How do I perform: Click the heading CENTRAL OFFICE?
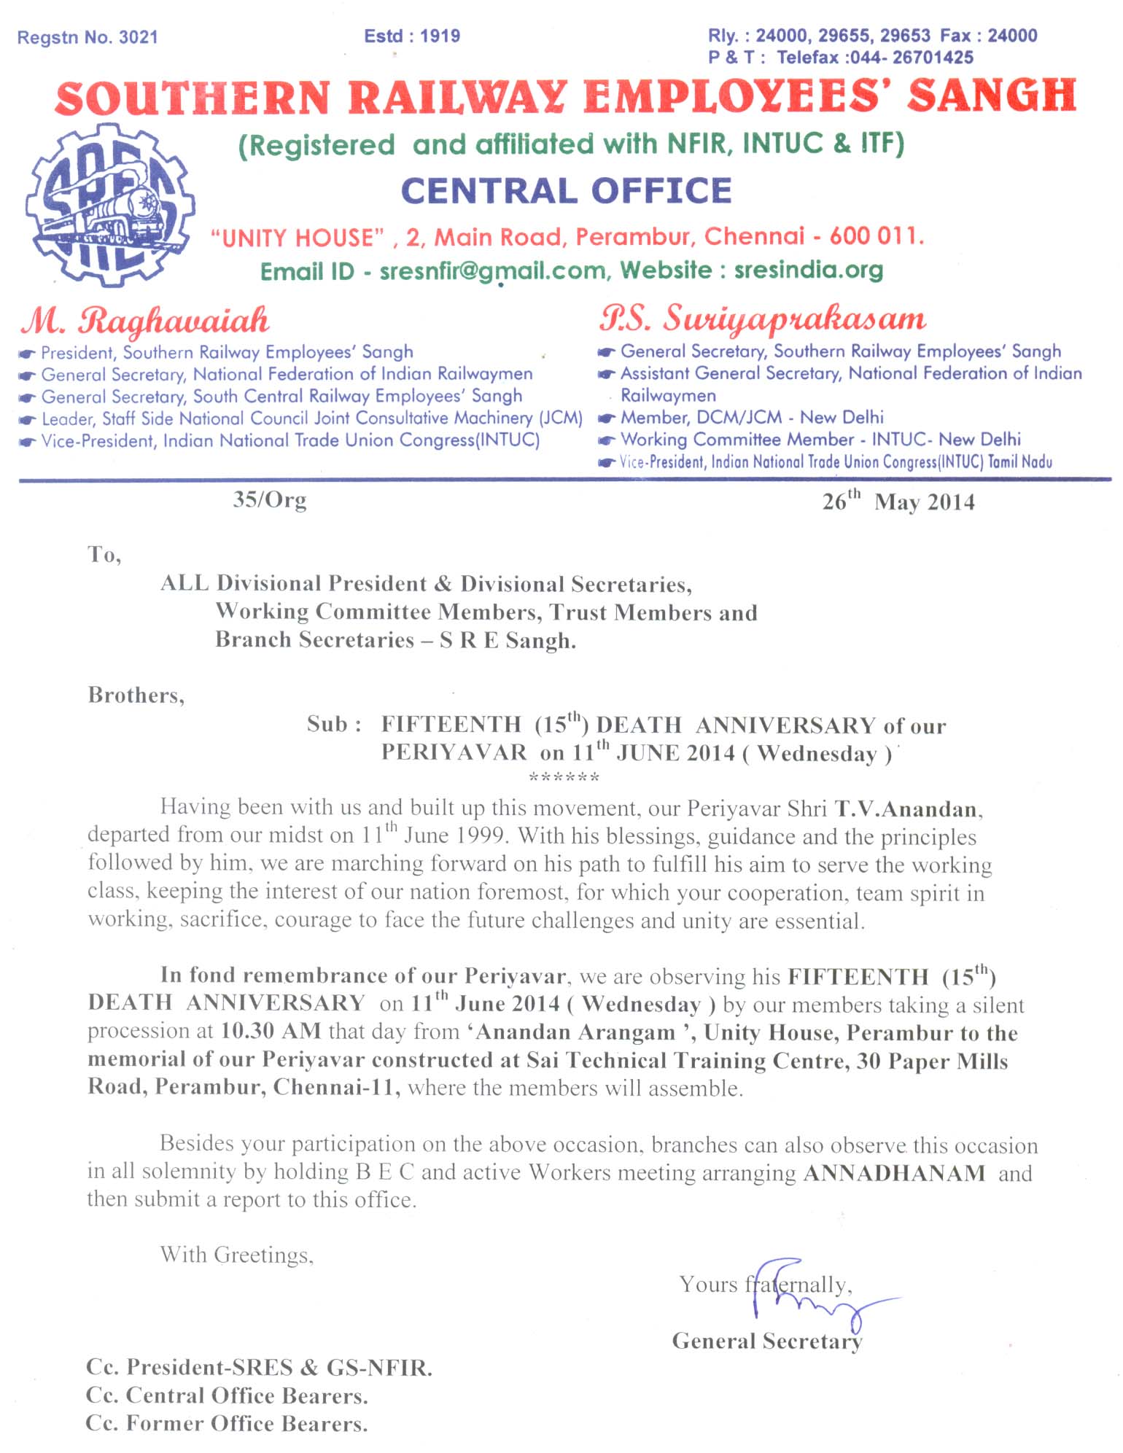click(566, 191)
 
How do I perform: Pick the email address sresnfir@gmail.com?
click(493, 271)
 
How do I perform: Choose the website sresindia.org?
click(808, 270)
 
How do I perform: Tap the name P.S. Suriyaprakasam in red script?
click(763, 319)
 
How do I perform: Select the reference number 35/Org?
click(270, 500)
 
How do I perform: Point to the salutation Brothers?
click(136, 696)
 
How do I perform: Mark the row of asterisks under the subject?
click(564, 778)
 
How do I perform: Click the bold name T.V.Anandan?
click(908, 809)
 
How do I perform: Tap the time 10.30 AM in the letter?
click(271, 1031)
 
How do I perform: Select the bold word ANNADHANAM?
click(894, 1173)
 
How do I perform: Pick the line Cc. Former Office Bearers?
click(226, 1424)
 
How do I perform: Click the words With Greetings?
click(237, 1255)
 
